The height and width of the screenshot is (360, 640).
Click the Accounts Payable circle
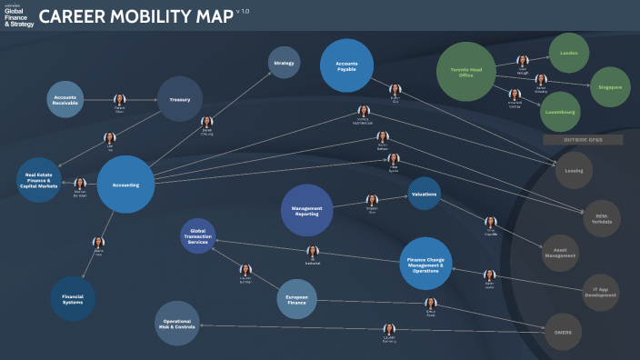tap(347, 66)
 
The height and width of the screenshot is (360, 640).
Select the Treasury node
tap(180, 99)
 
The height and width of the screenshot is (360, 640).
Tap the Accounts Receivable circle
tap(65, 99)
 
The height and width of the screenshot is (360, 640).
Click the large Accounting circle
tap(125, 184)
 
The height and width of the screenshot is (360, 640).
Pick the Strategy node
tap(284, 63)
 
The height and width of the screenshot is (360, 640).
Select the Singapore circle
tap(610, 87)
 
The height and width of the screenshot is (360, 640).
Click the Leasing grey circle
tap(575, 169)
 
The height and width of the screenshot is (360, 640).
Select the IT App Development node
tap(600, 291)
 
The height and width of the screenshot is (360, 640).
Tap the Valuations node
tap(424, 194)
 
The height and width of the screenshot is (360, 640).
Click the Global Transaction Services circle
tap(198, 236)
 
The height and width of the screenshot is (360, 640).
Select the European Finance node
tap(296, 299)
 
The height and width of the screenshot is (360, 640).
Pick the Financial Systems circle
tap(73, 298)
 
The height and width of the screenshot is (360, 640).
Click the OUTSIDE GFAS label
tap(571, 140)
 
